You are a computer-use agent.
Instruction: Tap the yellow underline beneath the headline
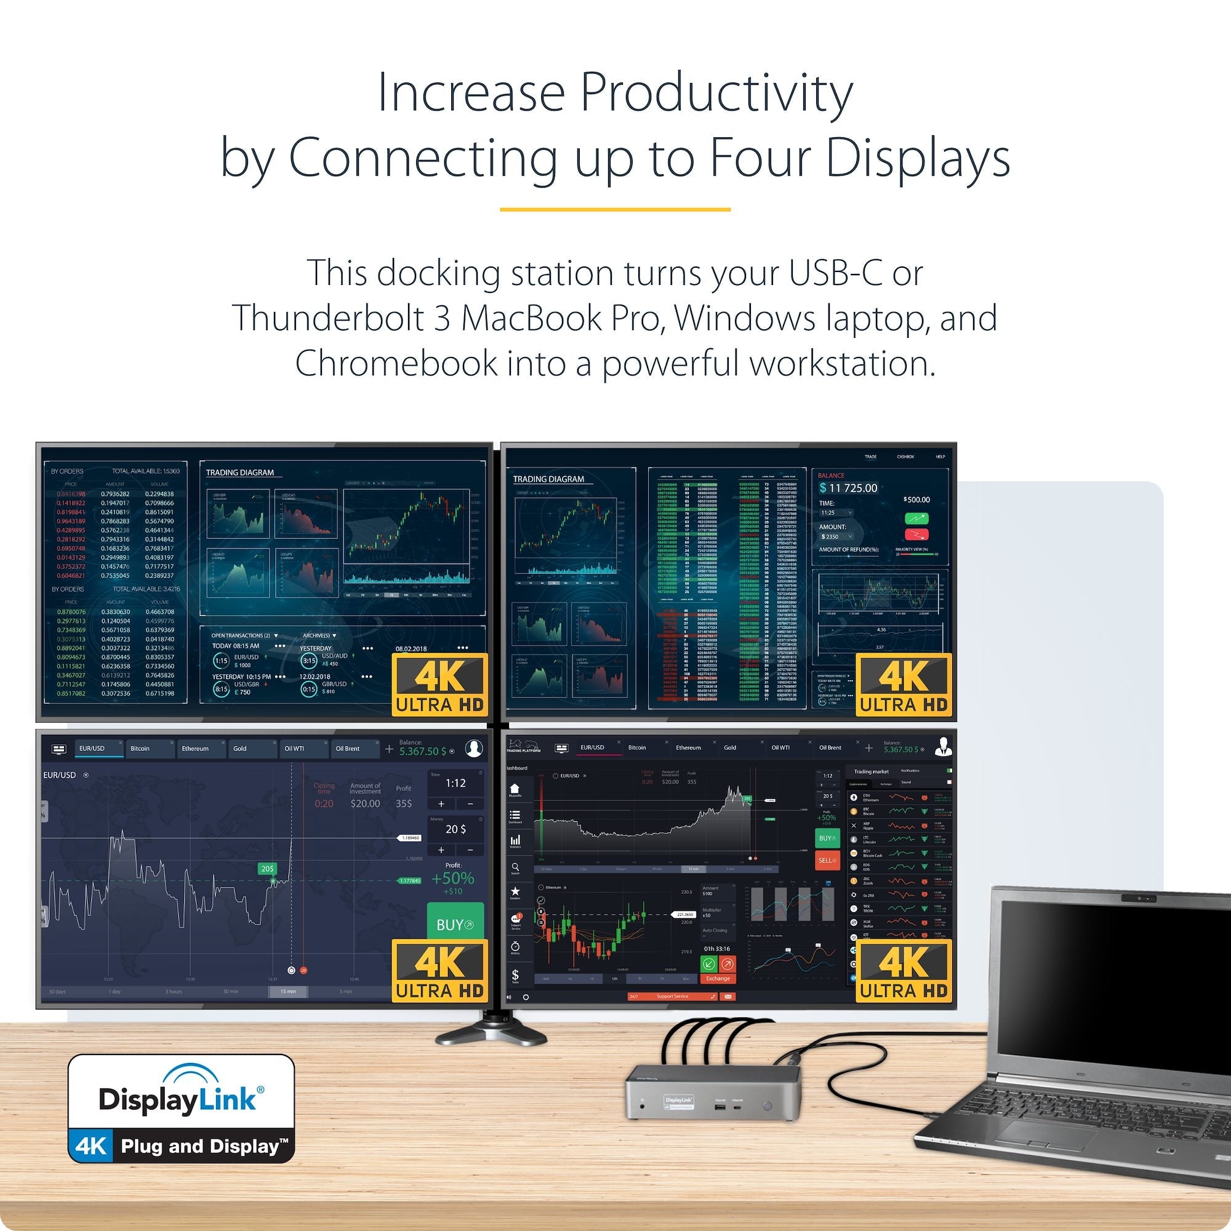(615, 209)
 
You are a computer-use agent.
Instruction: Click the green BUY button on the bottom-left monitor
(455, 924)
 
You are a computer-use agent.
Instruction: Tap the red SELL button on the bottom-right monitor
(827, 860)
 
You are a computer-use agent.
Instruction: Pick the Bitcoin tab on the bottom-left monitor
(140, 748)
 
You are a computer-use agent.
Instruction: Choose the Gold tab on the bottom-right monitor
(730, 747)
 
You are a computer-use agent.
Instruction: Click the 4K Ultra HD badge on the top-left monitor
(439, 684)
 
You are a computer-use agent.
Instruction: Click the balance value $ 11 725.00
(849, 488)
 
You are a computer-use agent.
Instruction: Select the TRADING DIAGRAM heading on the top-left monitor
(239, 473)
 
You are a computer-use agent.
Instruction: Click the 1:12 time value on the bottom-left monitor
(455, 783)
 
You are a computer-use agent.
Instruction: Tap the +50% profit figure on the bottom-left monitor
(453, 880)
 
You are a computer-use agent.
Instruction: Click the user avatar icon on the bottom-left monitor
(473, 748)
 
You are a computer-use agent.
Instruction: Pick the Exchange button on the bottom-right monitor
(718, 979)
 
